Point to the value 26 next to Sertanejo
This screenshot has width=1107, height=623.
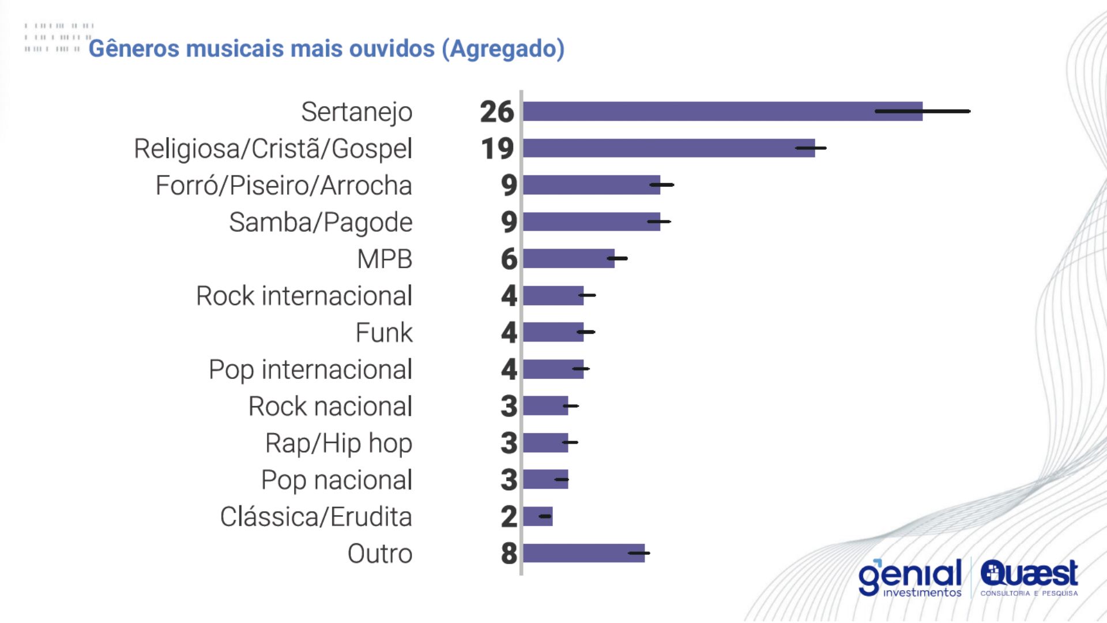(496, 111)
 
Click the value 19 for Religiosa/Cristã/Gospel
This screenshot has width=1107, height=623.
(497, 148)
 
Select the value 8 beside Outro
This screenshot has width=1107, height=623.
(509, 553)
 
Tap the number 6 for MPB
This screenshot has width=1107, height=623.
(509, 258)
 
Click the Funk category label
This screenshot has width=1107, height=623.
(384, 333)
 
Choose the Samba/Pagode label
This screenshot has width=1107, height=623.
(321, 223)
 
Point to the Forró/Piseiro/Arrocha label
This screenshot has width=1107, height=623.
(284, 186)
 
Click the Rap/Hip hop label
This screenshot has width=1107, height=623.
(338, 444)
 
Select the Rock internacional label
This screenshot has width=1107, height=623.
(304, 296)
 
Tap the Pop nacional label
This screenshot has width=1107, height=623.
(337, 480)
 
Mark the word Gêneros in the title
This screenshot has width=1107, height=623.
(134, 48)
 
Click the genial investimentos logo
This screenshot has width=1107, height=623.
(910, 577)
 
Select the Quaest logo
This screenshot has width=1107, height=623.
(1029, 577)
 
